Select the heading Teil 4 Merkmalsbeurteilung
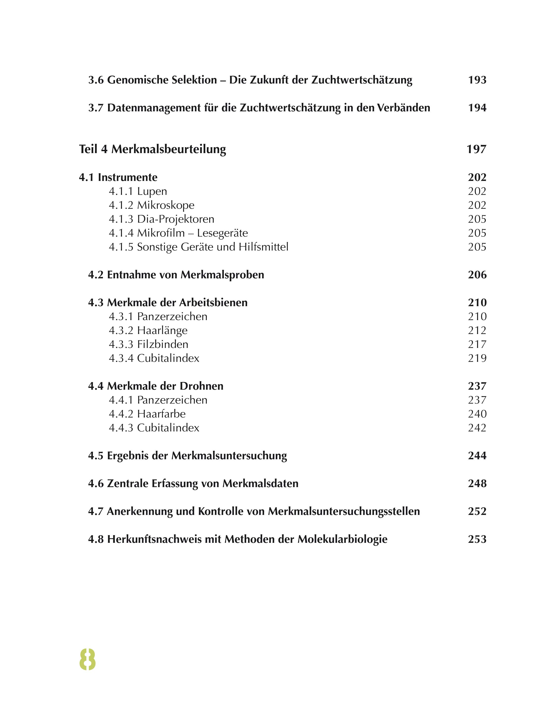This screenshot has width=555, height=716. pyautogui.click(x=152, y=149)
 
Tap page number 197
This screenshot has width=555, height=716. pyautogui.click(x=476, y=149)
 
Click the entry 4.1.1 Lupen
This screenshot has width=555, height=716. pyautogui.click(x=138, y=191)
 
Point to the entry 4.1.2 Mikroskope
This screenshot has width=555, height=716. pyautogui.click(x=151, y=205)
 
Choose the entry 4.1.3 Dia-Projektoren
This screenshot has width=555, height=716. pyautogui.click(x=161, y=219)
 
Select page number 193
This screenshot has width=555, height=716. pyautogui.click(x=477, y=80)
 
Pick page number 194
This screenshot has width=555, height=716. pyautogui.click(x=477, y=108)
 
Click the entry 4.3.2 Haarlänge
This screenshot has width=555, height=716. pyautogui.click(x=148, y=331)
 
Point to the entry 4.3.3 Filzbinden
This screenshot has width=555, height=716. pyautogui.click(x=148, y=344)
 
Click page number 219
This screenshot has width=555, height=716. pyautogui.click(x=477, y=358)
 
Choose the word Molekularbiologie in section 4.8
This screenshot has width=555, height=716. pyautogui.click(x=342, y=539)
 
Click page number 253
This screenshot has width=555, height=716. pyautogui.click(x=477, y=539)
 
